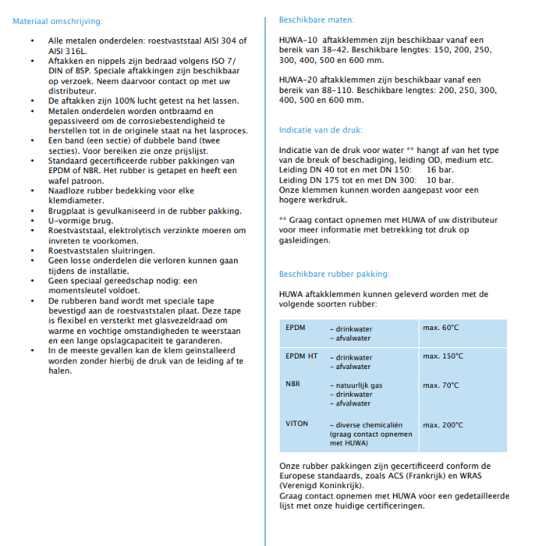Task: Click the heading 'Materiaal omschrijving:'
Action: tap(57, 21)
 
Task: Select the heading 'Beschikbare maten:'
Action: tap(316, 19)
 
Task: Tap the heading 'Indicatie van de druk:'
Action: tap(321, 129)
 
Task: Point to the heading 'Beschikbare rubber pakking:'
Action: tap(334, 274)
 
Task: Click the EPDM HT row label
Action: tap(302, 356)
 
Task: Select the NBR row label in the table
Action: tap(293, 385)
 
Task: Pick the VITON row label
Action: tap(297, 424)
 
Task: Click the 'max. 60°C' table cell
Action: tap(441, 328)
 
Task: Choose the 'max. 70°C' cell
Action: tap(441, 385)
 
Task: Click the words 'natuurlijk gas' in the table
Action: tap(359, 385)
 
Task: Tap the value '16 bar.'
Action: tap(440, 169)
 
